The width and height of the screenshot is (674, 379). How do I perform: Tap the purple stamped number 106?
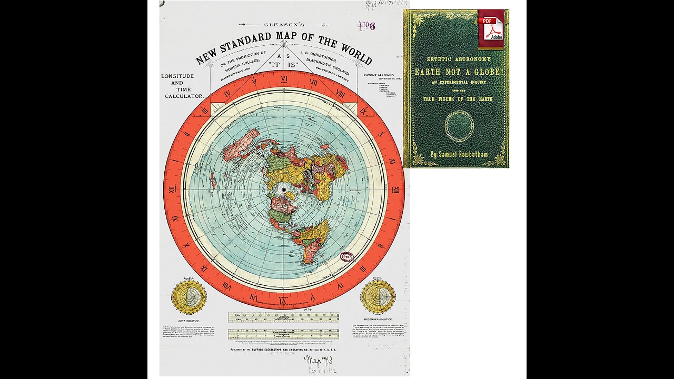366,26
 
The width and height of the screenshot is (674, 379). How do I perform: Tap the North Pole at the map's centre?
284,189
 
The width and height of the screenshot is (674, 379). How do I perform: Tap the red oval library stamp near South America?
346,258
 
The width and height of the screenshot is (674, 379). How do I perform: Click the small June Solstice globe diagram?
189,296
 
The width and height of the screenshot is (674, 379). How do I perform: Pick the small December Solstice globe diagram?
378,296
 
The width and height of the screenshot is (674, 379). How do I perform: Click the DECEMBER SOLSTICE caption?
378,319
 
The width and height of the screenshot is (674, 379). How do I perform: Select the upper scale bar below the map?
283,317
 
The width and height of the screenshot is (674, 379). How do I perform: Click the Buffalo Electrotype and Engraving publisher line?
283,349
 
